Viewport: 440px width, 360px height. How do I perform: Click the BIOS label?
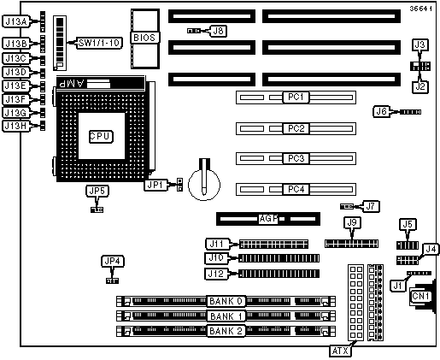point(144,38)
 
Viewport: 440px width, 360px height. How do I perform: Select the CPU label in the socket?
point(101,137)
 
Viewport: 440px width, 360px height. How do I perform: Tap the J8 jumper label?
point(219,31)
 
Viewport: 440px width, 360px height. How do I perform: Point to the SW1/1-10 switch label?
point(99,43)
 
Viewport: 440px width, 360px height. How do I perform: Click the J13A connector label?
point(17,21)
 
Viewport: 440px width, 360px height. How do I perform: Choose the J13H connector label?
point(17,126)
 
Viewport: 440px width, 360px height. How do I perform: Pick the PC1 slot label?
point(296,97)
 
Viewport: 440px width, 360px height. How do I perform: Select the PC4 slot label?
point(296,189)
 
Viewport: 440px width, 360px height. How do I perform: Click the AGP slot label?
point(268,219)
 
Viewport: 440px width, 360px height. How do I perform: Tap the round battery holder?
point(204,185)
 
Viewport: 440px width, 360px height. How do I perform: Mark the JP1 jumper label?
point(155,185)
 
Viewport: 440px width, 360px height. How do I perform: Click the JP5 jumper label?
point(97,191)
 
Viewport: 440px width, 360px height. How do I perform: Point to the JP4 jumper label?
point(113,262)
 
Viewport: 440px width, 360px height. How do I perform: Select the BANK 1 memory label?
point(226,316)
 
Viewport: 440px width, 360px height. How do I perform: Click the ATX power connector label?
point(341,351)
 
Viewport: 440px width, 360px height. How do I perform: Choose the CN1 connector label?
point(420,297)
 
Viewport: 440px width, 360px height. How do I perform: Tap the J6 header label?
point(382,111)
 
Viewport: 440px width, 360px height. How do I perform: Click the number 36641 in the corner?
point(420,9)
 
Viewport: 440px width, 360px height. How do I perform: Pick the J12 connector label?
point(216,274)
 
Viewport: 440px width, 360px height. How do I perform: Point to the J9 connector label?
point(352,223)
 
